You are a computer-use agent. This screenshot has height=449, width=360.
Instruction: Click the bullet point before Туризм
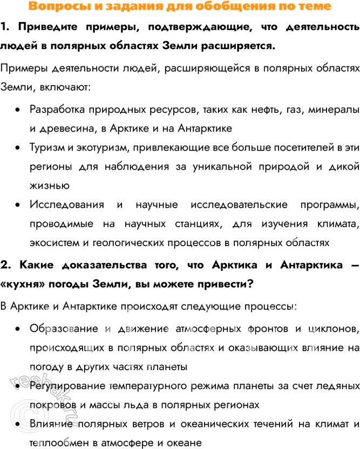tap(18, 148)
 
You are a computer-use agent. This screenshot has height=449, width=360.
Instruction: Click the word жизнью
tap(49, 186)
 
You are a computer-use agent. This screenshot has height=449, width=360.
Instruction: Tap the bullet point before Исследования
tap(18, 205)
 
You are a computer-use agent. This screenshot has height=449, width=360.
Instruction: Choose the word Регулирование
tap(66, 386)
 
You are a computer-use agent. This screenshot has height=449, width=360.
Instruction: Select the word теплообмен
tap(57, 443)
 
